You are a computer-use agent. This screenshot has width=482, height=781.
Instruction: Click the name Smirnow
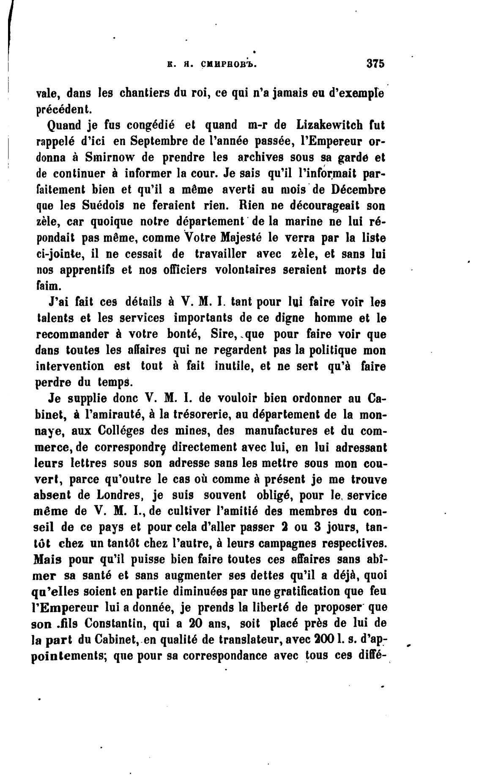[109, 157]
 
